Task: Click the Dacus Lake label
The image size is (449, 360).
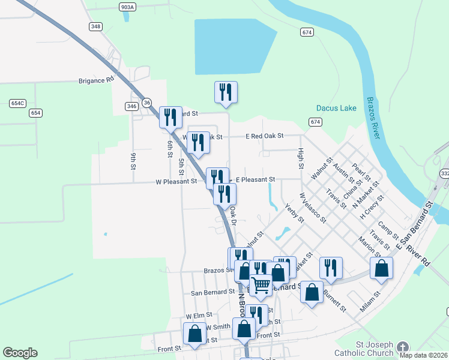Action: tap(336, 108)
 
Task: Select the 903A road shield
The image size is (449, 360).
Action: tap(127, 7)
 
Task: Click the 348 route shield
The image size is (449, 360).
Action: tap(95, 26)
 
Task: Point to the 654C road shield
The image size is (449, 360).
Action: tap(18, 103)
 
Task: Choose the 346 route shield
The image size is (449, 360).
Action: tap(132, 106)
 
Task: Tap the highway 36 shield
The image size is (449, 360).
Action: tap(148, 103)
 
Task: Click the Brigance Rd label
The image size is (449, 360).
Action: tap(96, 80)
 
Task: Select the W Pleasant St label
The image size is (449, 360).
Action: tap(176, 181)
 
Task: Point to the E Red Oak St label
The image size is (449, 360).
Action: tap(264, 137)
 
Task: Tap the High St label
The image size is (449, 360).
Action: tap(301, 158)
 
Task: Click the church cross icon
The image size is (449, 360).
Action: tap(403, 347)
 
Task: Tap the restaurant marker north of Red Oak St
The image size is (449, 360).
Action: tap(226, 92)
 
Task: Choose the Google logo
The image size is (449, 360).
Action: tap(20, 353)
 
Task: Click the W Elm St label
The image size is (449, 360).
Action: tap(199, 315)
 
